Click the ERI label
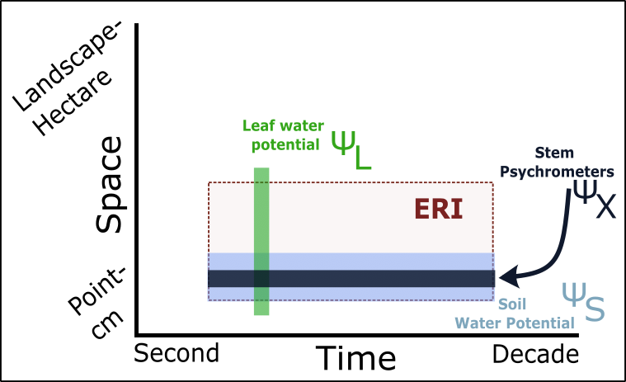(x=439, y=209)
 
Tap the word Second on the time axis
(x=177, y=353)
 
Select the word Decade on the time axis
(x=535, y=354)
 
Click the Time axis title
(x=355, y=358)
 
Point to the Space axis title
(x=108, y=185)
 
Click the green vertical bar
(x=261, y=241)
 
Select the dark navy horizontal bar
(x=351, y=279)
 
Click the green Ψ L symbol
(x=351, y=150)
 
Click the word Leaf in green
(x=258, y=125)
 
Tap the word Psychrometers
(x=557, y=172)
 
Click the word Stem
(x=554, y=153)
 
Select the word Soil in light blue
(x=512, y=304)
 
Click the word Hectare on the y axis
(x=73, y=102)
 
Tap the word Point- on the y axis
(x=96, y=290)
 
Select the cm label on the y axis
(x=107, y=323)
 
